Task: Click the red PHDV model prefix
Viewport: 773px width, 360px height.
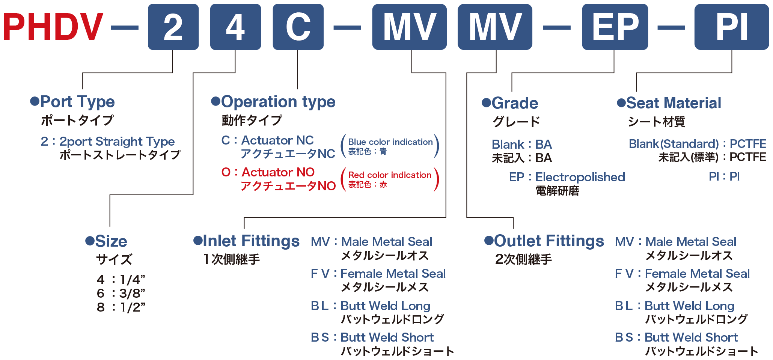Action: [x=53, y=27]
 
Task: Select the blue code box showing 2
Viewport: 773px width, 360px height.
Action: [x=173, y=27]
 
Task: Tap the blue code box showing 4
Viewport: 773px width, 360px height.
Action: [x=235, y=27]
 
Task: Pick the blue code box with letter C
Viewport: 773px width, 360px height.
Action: [x=298, y=27]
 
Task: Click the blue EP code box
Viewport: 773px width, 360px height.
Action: [x=615, y=27]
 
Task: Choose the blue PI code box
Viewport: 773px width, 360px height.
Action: [x=732, y=27]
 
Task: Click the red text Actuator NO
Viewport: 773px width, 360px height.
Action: [x=278, y=172]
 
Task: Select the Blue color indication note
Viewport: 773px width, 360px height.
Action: [x=390, y=142]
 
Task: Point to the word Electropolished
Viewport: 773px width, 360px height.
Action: [x=580, y=177]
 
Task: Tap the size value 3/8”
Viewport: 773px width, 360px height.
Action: [x=133, y=293]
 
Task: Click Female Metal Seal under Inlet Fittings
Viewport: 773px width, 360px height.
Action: [x=393, y=273]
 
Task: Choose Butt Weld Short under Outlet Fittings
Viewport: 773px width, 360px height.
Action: [x=691, y=337]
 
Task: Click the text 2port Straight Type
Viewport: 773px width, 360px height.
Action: [x=117, y=142]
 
